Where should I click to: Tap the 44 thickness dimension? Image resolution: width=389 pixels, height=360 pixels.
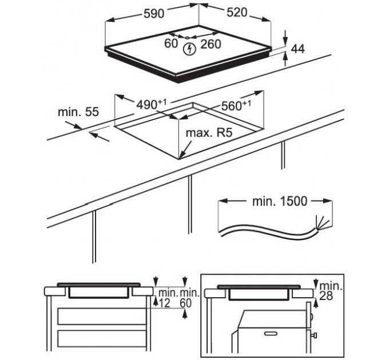click(297, 49)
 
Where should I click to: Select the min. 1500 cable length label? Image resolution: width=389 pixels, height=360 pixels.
click(280, 201)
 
